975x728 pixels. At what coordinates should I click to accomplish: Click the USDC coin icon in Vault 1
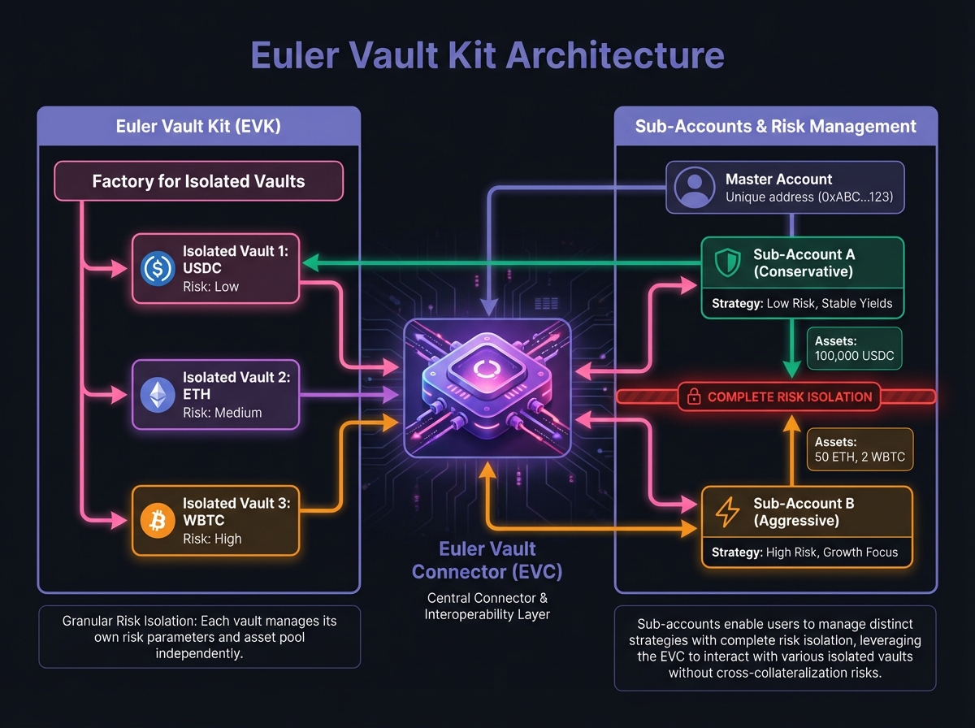pyautogui.click(x=158, y=269)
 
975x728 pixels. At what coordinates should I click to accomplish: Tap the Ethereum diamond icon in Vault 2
pyautogui.click(x=158, y=395)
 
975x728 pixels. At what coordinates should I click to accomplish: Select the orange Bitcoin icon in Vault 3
pyautogui.click(x=158, y=521)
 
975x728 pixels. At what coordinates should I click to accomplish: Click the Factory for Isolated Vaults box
pyautogui.click(x=198, y=181)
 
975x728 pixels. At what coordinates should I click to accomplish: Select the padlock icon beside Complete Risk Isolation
pyautogui.click(x=694, y=397)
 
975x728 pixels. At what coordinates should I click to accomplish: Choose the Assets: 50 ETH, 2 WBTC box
pyautogui.click(x=857, y=449)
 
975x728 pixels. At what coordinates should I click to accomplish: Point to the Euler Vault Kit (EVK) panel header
pyautogui.click(x=198, y=126)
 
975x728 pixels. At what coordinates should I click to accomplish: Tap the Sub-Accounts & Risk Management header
pyautogui.click(x=776, y=126)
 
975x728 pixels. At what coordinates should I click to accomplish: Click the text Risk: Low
pyautogui.click(x=211, y=286)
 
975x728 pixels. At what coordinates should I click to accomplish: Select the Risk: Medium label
pyautogui.click(x=223, y=412)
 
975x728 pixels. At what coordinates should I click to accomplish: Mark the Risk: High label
pyautogui.click(x=212, y=538)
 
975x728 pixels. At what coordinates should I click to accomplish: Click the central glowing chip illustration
pyautogui.click(x=487, y=388)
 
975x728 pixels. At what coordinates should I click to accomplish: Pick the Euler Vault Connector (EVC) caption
pyautogui.click(x=487, y=561)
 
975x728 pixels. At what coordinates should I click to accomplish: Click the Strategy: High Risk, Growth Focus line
pyautogui.click(x=804, y=552)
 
